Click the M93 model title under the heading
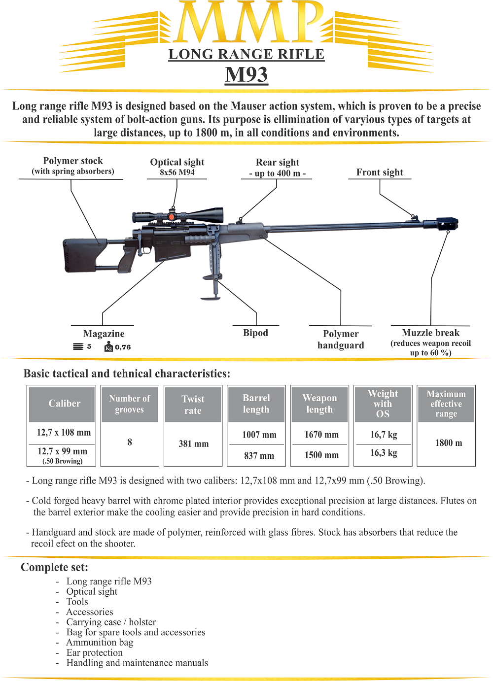(246, 74)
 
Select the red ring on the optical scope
(172, 216)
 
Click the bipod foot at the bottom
(211, 298)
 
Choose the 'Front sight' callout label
(380, 172)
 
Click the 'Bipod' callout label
(255, 333)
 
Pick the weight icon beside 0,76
(109, 347)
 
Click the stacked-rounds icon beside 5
(78, 347)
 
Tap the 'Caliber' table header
(65, 404)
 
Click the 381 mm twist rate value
(194, 443)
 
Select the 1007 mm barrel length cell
(259, 435)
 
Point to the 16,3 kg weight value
(384, 453)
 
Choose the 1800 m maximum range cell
(449, 443)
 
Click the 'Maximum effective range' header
(446, 404)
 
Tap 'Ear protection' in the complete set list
(95, 652)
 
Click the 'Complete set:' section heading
(55, 567)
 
